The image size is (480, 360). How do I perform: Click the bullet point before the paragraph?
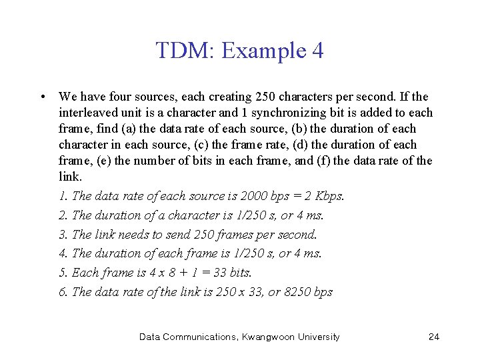[x=43, y=97]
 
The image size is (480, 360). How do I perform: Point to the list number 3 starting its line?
[x=63, y=235]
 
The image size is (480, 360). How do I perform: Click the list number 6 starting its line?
[x=63, y=291]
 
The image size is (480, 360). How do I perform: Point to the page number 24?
[x=433, y=337]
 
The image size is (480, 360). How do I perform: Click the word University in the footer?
[x=317, y=337]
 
